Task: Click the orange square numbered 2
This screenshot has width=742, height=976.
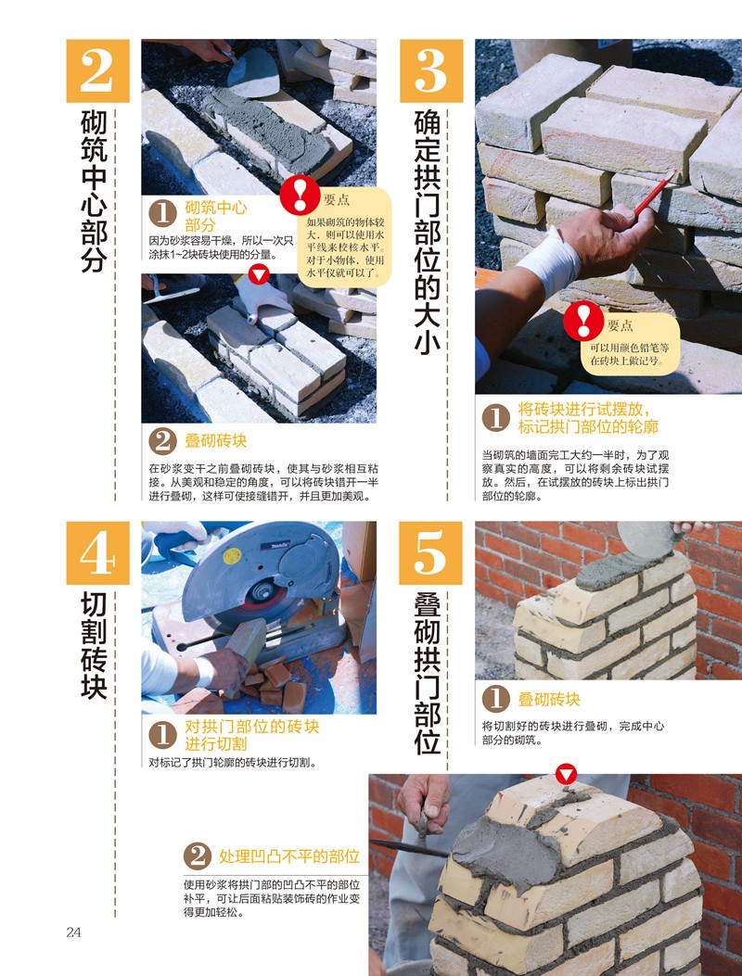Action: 97,71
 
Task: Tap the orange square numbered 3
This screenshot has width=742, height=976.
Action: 431,71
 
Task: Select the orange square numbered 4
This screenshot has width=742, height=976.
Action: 97,552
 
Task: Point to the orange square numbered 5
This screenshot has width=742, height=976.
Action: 430,552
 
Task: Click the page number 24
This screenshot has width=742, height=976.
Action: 73,932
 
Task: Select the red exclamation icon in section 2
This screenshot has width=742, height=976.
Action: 300,195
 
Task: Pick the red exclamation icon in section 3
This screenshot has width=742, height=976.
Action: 583,321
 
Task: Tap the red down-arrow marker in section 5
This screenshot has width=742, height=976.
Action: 566,775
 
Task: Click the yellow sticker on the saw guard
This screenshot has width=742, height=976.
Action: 233,556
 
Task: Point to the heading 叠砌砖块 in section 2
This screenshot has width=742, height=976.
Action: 215,440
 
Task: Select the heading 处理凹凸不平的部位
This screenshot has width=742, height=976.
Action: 289,856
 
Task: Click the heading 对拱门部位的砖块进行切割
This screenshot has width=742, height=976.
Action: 251,735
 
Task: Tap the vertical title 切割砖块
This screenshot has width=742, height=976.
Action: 94,645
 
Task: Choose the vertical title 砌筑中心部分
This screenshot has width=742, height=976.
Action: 94,191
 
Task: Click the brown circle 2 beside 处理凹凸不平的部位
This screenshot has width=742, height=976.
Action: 197,856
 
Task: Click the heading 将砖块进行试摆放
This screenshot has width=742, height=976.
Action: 584,410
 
